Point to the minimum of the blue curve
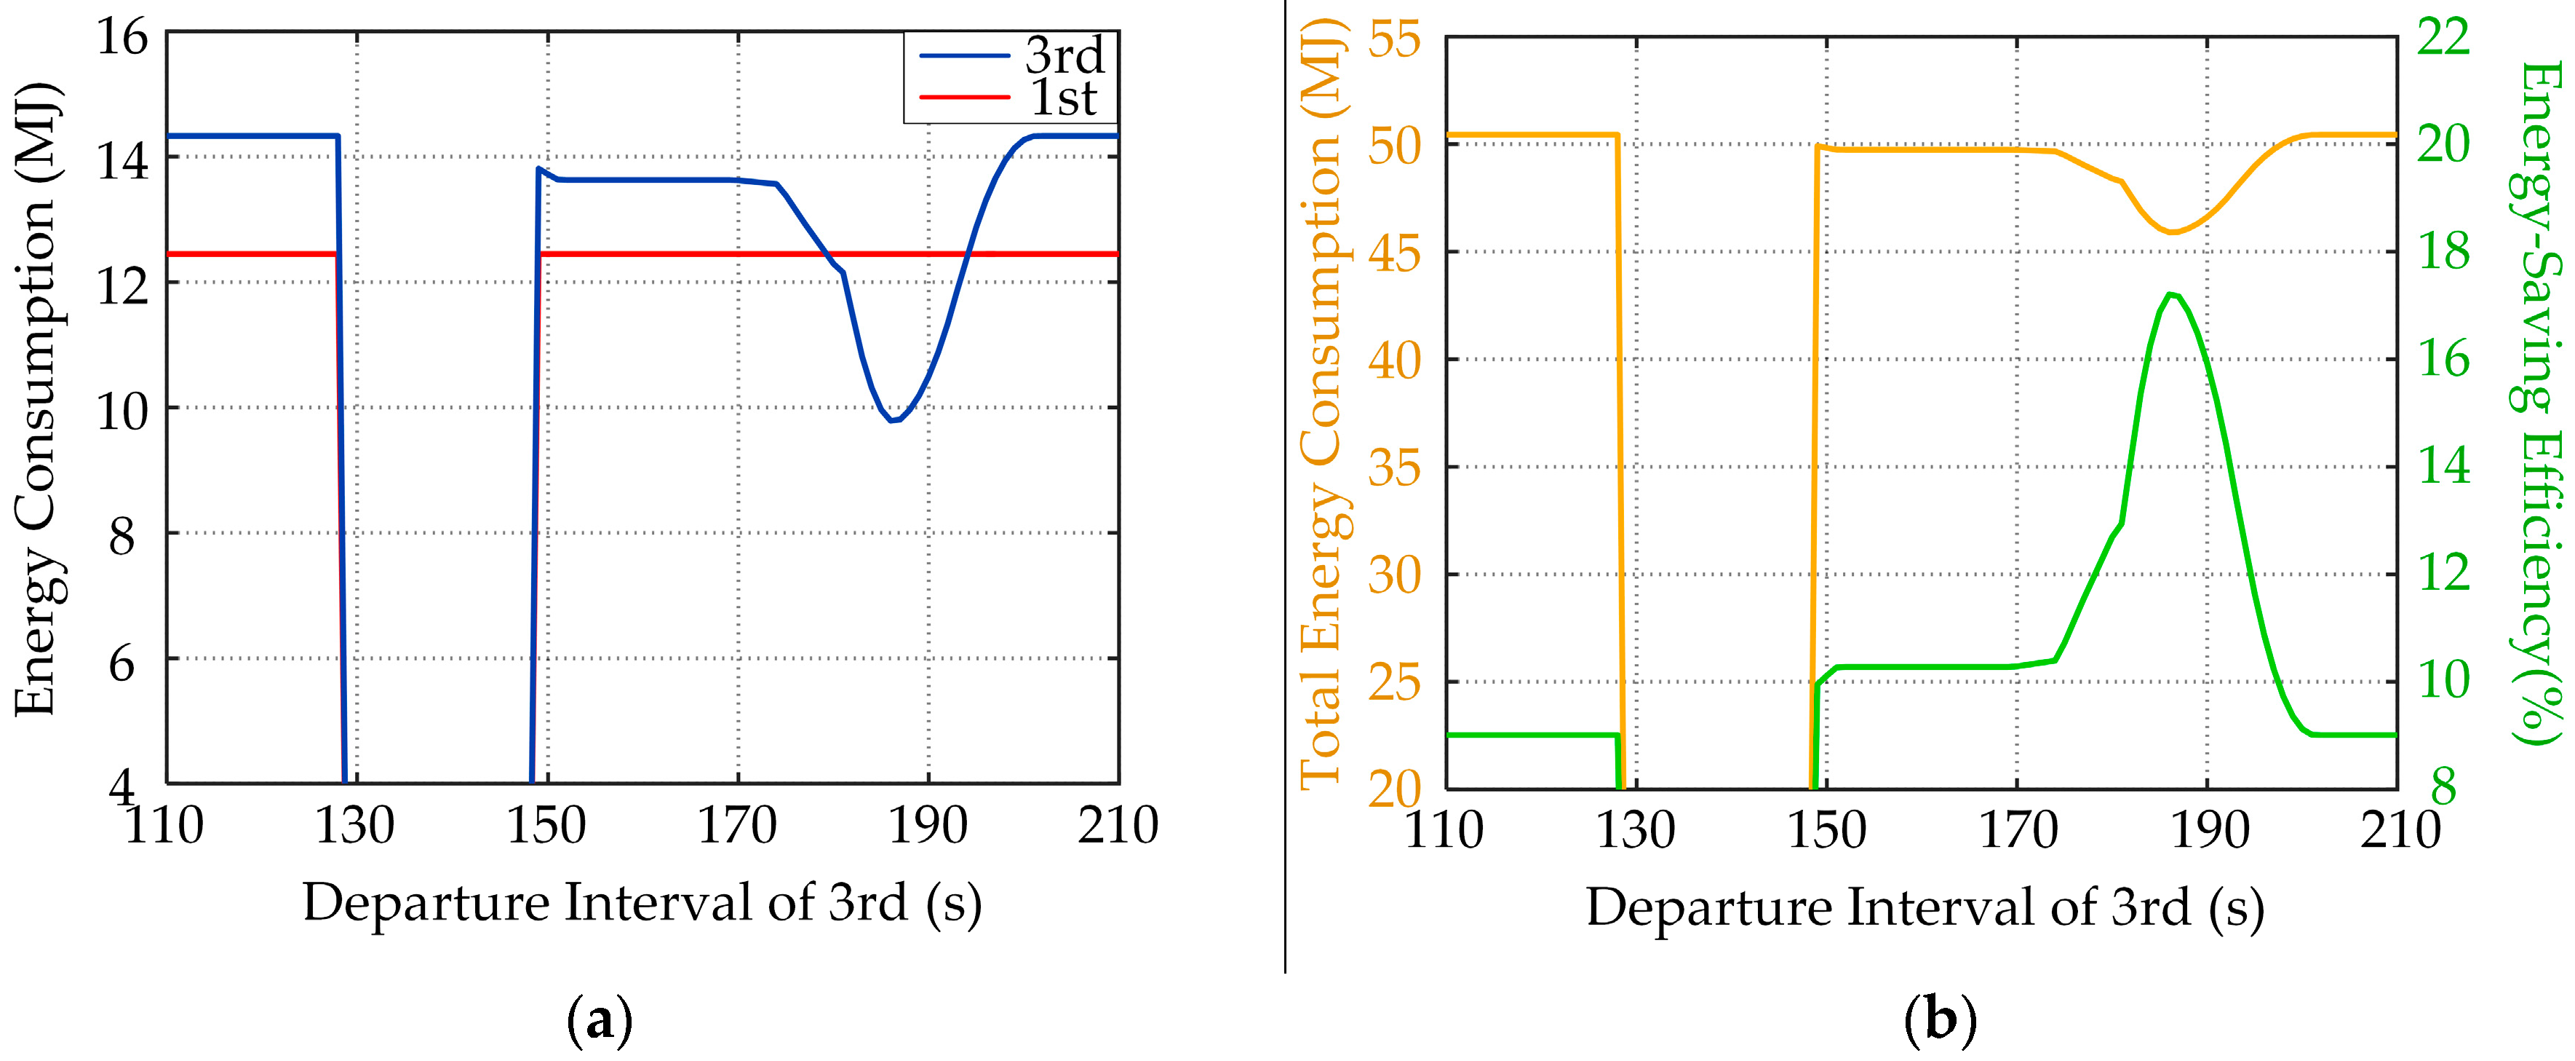pos(893,420)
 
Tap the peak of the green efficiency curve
pos(2170,294)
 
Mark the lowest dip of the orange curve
pos(2171,232)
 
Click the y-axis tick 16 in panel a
pos(122,38)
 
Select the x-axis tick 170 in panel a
pos(737,826)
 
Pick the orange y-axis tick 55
pos(1395,40)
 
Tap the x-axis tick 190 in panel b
pos(2209,830)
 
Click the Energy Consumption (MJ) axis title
pos(38,400)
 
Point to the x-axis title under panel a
pos(642,903)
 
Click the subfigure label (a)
pos(600,1021)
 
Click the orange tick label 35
pos(1395,467)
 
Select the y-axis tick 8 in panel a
pos(122,538)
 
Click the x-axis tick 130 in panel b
pos(1636,830)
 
